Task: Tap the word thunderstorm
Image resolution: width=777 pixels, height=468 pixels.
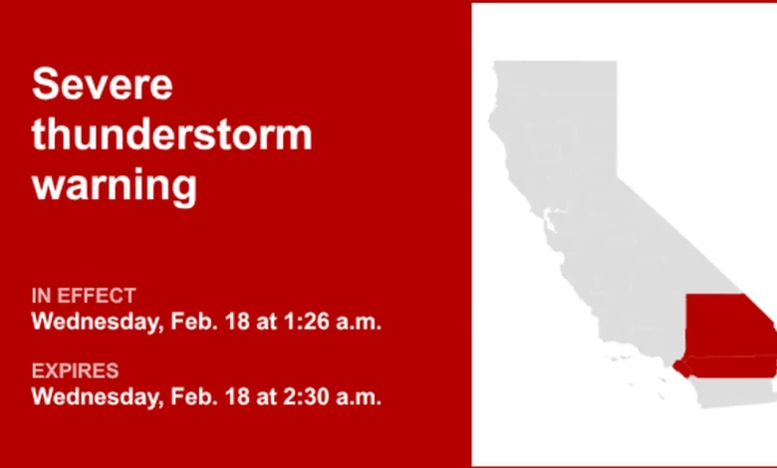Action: tap(171, 134)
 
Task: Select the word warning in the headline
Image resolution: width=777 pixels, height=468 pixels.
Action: tap(114, 185)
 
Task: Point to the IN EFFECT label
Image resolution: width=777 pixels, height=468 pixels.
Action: tap(84, 296)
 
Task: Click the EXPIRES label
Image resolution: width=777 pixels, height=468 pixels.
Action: tap(75, 371)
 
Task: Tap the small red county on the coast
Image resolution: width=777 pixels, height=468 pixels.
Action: tap(683, 368)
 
